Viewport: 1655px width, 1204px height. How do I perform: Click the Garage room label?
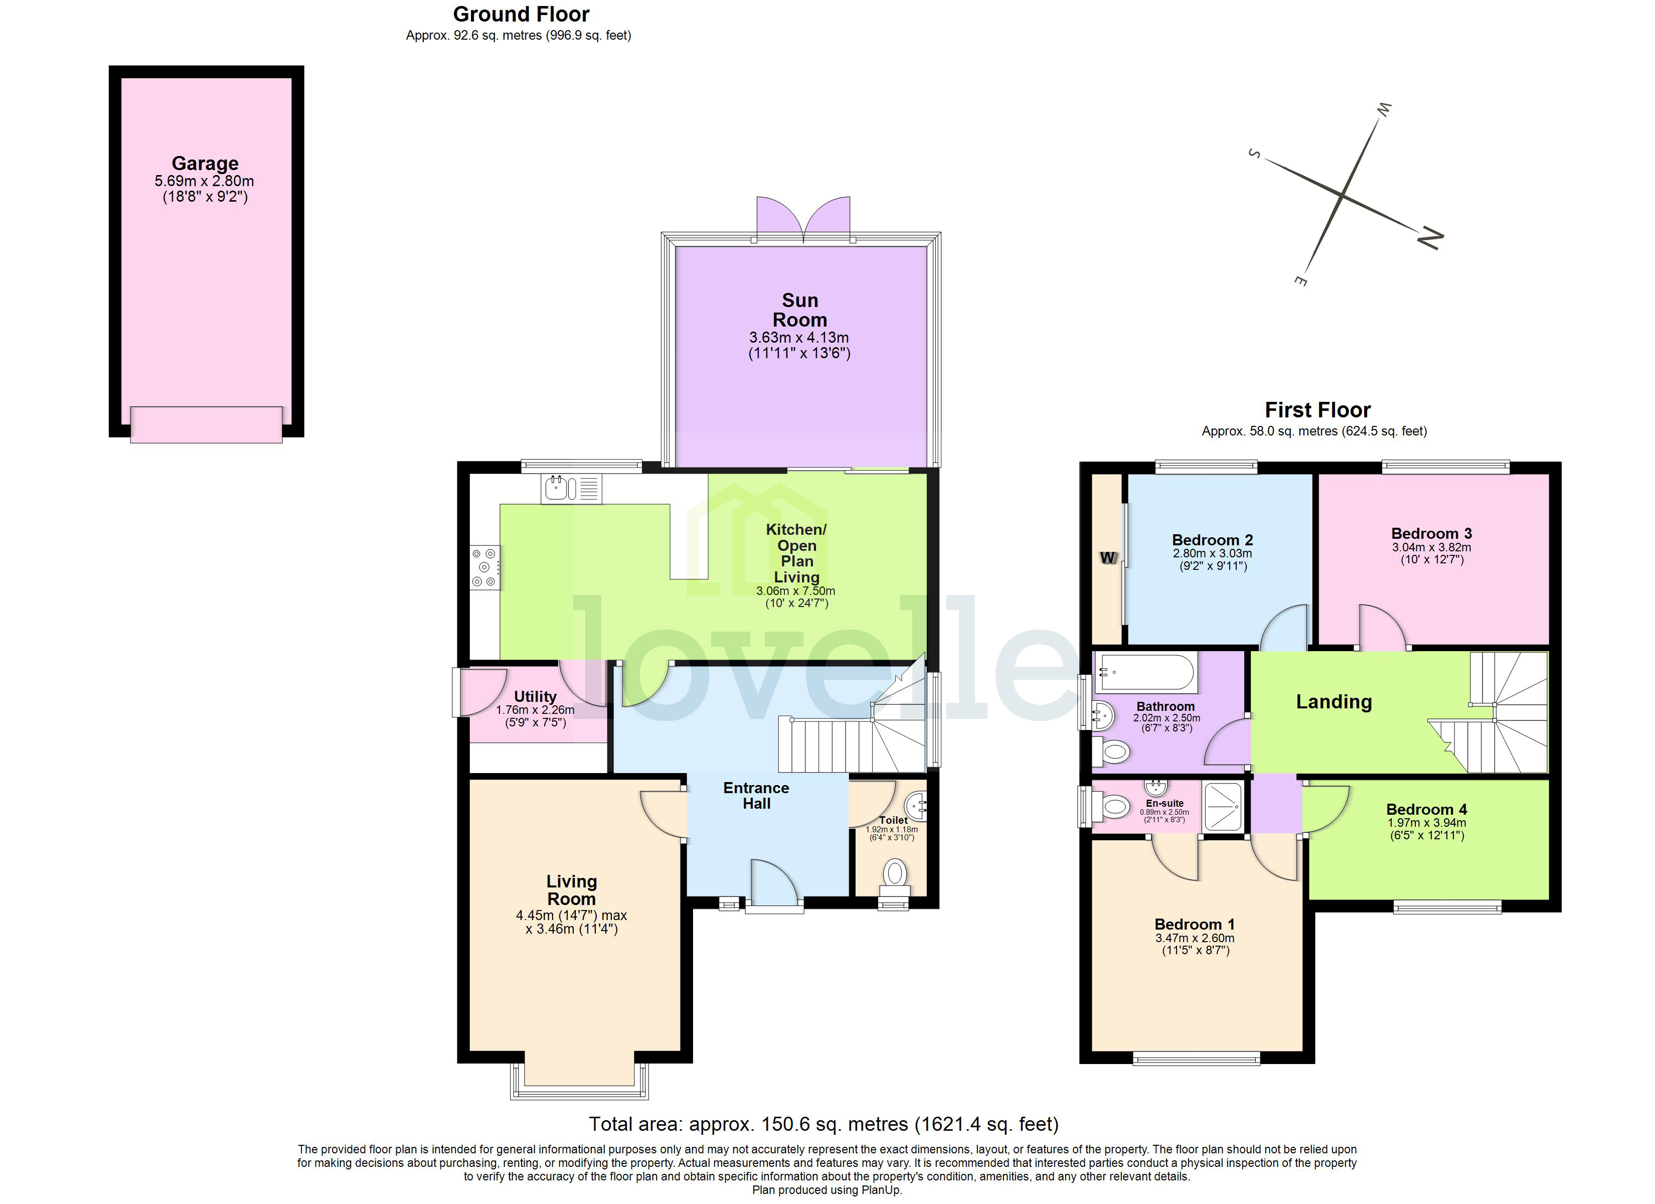pyautogui.click(x=205, y=164)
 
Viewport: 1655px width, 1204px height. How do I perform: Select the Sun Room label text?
pyautogui.click(x=800, y=311)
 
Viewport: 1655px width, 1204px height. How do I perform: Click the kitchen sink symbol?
pyautogui.click(x=571, y=489)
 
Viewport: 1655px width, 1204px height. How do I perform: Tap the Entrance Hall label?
pyautogui.click(x=756, y=795)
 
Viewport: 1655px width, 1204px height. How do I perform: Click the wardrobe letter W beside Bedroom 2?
pyautogui.click(x=1108, y=558)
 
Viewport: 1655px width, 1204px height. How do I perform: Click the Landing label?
pyautogui.click(x=1333, y=702)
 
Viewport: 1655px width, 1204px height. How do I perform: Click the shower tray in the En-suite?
pyautogui.click(x=1222, y=806)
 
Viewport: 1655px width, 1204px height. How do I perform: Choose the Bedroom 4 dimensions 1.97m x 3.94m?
pyautogui.click(x=1427, y=822)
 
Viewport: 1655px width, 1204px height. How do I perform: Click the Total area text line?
pyautogui.click(x=823, y=1124)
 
